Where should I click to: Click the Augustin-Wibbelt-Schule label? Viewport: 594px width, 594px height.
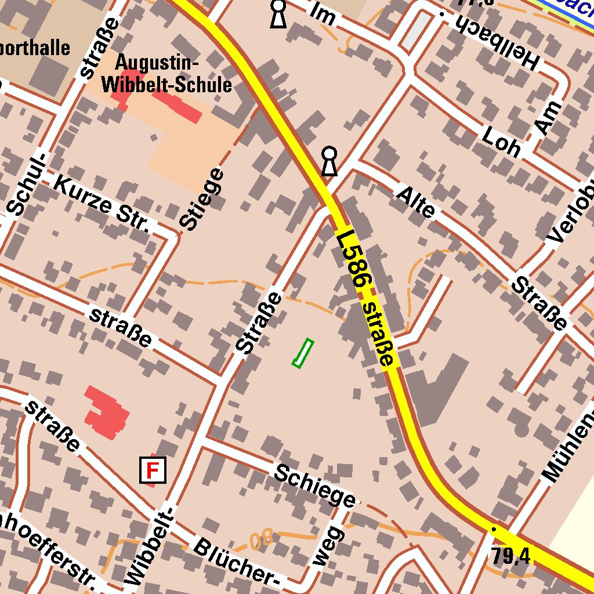click(x=166, y=74)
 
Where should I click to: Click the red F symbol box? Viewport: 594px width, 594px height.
click(x=153, y=470)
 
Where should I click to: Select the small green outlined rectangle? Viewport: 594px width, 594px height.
click(x=302, y=353)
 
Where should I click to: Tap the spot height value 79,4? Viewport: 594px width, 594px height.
click(x=510, y=556)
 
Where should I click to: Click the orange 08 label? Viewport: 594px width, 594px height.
click(x=262, y=541)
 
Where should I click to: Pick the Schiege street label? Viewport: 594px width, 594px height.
click(x=314, y=486)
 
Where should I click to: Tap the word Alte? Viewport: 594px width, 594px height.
click(x=415, y=201)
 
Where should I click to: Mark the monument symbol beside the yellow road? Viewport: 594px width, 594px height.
click(x=329, y=161)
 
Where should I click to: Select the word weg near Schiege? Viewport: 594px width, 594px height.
click(x=328, y=546)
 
